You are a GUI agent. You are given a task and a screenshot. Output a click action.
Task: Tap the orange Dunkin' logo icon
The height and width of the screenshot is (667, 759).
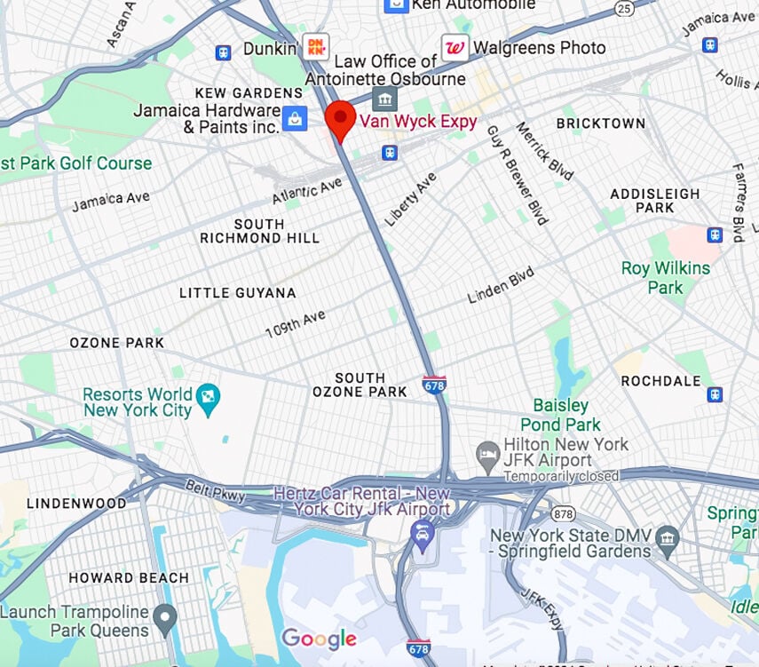pos(315,46)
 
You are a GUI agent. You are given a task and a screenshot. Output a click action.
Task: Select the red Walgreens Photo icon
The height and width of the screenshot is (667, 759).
pos(455,48)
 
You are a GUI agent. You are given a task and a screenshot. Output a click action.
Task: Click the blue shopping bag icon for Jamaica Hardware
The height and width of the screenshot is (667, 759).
pos(295,117)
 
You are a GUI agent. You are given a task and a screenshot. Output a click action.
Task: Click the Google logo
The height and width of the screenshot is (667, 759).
pos(319,639)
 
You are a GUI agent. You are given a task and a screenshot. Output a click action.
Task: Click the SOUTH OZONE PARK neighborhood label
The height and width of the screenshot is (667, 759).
pos(360,385)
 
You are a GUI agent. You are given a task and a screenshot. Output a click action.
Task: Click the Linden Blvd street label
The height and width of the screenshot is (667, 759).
pos(502,283)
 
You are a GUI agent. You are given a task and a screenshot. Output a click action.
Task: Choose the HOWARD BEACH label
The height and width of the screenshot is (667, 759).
pos(130,577)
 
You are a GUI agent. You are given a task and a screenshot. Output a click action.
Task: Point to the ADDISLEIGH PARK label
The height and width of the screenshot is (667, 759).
pos(655,200)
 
